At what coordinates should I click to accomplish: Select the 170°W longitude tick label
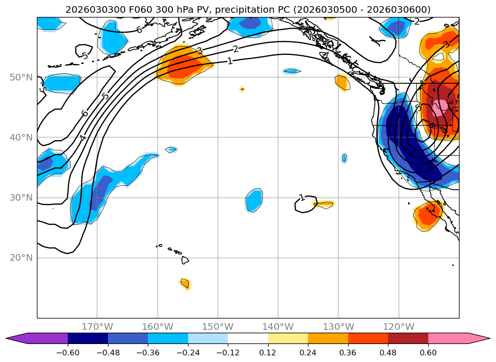pos(97,327)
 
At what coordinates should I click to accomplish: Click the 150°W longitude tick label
pos(218,327)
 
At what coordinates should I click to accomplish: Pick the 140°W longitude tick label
pos(278,327)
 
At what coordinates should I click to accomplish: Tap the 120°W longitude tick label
pos(398,327)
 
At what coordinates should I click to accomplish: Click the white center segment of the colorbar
pos(248,338)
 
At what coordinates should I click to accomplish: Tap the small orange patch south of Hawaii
pos(185,283)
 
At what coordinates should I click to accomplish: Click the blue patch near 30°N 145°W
pos(254,200)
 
